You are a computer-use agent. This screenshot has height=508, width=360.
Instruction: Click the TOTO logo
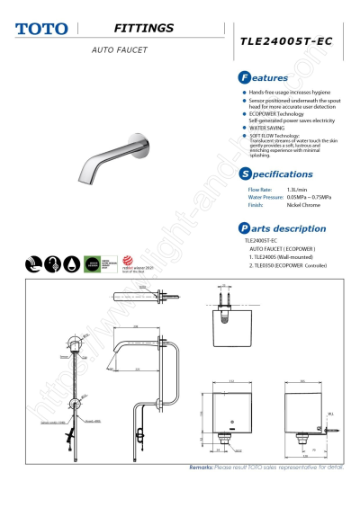click(x=41, y=30)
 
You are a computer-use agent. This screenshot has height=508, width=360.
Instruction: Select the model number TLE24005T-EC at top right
click(x=292, y=41)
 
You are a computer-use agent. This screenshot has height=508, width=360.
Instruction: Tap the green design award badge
click(x=93, y=263)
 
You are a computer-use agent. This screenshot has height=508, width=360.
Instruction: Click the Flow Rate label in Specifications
click(x=260, y=191)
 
